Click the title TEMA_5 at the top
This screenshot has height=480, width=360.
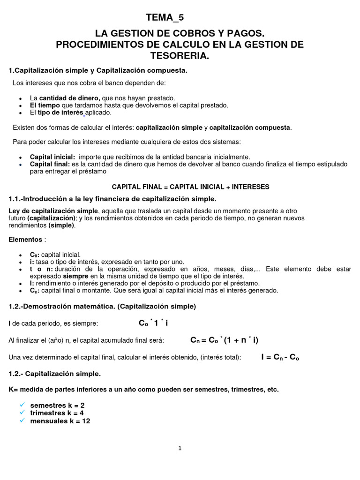pyautogui.click(x=165, y=18)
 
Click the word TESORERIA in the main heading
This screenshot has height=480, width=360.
pyautogui.click(x=180, y=56)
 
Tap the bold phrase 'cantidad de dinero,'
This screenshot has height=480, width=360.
pyautogui.click(x=69, y=98)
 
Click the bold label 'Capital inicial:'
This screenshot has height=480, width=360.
pyautogui.click(x=52, y=157)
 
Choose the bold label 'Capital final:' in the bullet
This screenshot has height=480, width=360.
pyautogui.click(x=50, y=165)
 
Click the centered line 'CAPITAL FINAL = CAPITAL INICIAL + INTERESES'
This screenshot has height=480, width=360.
pyautogui.click(x=190, y=187)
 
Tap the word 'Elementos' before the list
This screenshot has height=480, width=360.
pyautogui.click(x=25, y=240)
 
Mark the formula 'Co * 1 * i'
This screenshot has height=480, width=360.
pyautogui.click(x=153, y=323)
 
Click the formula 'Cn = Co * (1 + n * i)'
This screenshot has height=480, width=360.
pyautogui.click(x=224, y=340)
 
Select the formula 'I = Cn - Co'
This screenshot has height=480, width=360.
pyautogui.click(x=280, y=357)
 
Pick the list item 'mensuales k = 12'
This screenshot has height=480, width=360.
pyautogui.click(x=60, y=421)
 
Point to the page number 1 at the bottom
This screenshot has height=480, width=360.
pyautogui.click(x=180, y=448)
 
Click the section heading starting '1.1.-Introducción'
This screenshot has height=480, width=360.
pyautogui.click(x=112, y=199)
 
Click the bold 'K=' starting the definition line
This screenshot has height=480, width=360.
pyautogui.click(x=14, y=390)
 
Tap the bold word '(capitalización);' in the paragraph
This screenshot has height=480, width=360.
pyautogui.click(x=52, y=218)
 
